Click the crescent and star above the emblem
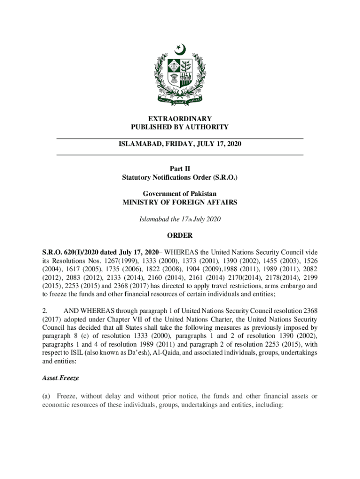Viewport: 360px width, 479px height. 180,49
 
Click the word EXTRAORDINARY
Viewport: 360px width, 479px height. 180,119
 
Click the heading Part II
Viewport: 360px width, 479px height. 180,169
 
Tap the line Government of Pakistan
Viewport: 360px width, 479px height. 180,194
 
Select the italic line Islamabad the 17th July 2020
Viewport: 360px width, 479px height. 180,219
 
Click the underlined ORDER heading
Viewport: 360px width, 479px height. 180,235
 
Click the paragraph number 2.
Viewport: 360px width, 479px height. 45,310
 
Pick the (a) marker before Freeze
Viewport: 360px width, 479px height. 47,396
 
